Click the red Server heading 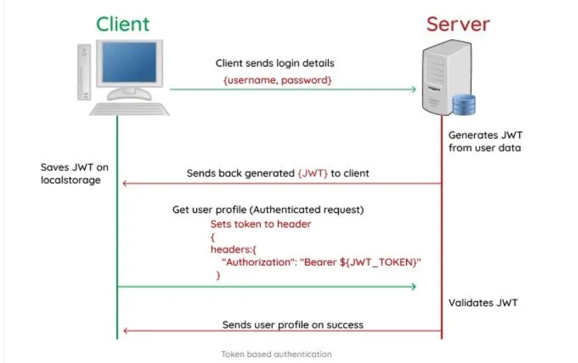pos(458,24)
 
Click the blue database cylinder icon pos(464,104)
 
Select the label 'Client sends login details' pos(275,63)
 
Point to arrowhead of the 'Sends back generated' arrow pos(124,184)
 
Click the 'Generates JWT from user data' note pos(485,141)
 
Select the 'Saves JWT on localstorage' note pos(74,173)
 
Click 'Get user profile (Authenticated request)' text pos(268,210)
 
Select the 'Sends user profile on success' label pos(293,324)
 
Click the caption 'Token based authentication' pos(276,354)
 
